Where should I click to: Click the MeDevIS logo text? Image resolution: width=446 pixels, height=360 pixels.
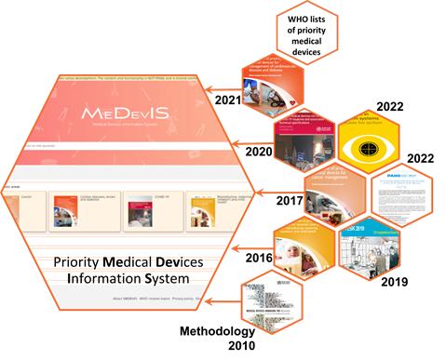[x=125, y=113]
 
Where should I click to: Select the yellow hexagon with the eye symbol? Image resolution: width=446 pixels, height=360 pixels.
[x=368, y=148]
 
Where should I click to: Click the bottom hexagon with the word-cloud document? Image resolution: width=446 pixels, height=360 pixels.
[x=270, y=299]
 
